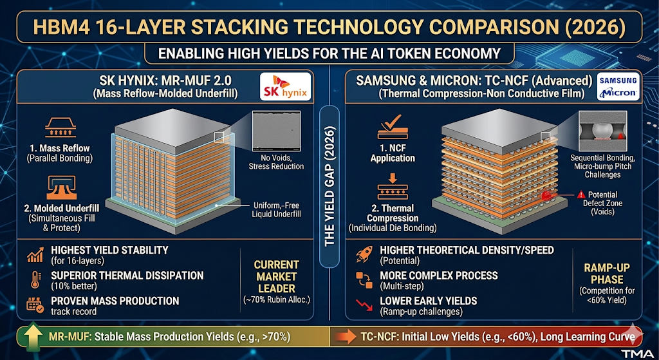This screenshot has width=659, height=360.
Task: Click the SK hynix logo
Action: click(x=289, y=88)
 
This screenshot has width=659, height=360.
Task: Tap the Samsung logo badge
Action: click(x=617, y=81)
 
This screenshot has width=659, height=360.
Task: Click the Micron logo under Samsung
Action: click(x=617, y=93)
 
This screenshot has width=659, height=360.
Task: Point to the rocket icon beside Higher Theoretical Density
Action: click(x=364, y=253)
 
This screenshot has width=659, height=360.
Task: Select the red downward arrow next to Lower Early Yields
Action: click(x=364, y=305)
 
